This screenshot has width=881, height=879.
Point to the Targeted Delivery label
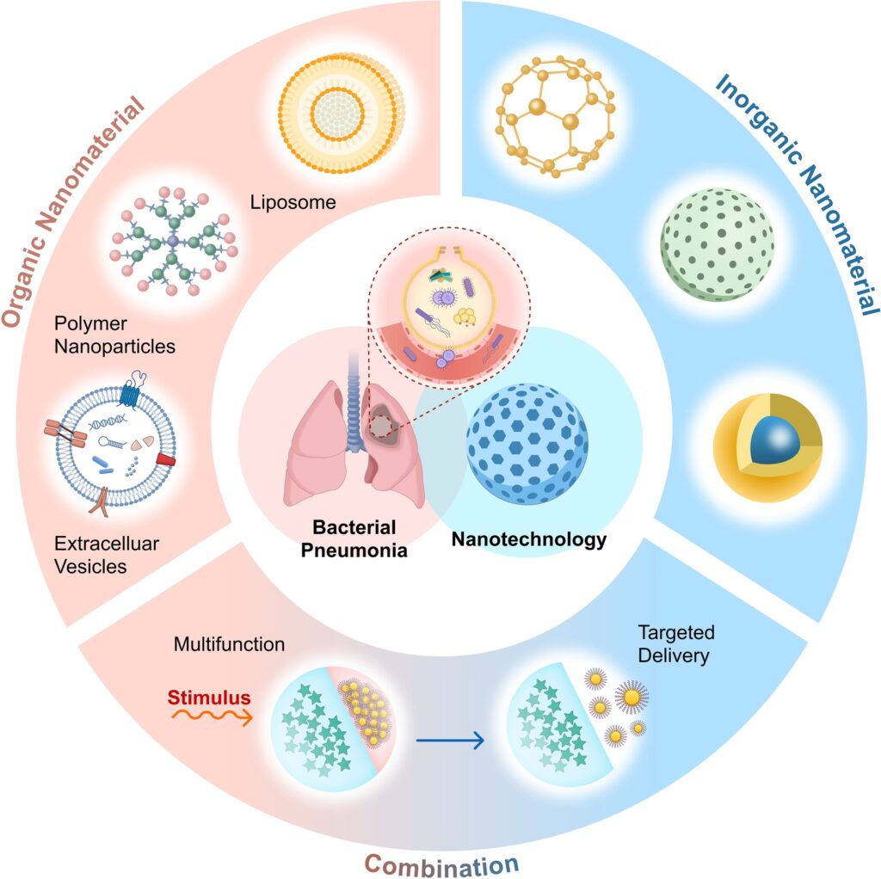(676, 644)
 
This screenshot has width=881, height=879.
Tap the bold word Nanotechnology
(529, 540)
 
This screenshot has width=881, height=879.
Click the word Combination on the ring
(441, 861)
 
